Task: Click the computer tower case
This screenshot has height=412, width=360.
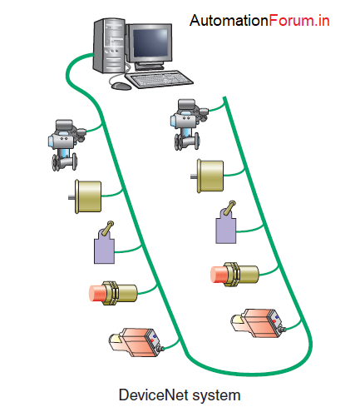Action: click(109, 46)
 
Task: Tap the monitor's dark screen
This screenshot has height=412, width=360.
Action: click(150, 42)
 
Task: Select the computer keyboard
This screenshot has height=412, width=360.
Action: click(159, 79)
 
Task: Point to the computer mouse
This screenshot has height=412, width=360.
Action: click(121, 86)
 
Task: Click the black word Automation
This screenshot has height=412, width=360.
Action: click(229, 21)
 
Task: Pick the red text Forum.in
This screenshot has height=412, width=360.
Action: click(299, 21)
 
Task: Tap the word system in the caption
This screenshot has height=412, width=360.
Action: click(216, 395)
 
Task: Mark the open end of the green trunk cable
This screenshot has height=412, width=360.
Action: click(224, 97)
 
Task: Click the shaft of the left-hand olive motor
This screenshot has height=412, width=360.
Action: click(72, 197)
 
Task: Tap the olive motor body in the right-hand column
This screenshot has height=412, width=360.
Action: click(210, 176)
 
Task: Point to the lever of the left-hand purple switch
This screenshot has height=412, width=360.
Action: click(107, 228)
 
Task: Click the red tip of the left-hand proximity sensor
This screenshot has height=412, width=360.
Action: click(96, 293)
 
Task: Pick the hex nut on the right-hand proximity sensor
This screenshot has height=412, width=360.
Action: click(232, 275)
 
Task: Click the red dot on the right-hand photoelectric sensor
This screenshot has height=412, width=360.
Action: click(274, 321)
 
